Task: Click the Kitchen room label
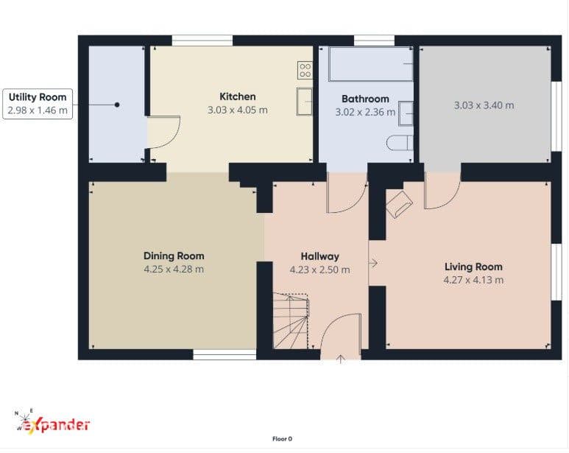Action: tap(237, 96)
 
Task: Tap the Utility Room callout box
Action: tap(38, 104)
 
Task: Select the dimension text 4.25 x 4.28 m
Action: tap(174, 270)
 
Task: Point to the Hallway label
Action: tap(319, 256)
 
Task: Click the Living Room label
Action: tap(473, 267)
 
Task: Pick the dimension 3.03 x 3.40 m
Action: tap(484, 105)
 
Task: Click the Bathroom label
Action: tap(365, 99)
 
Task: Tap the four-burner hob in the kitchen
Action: tap(305, 70)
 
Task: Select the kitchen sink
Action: tap(305, 102)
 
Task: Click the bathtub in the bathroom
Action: tap(370, 64)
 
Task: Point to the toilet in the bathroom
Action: tap(400, 143)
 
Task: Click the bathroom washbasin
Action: tap(406, 113)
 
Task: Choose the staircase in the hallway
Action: tap(291, 321)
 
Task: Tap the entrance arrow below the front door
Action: tap(340, 359)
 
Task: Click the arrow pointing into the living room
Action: tap(373, 263)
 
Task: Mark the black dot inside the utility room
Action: tap(117, 105)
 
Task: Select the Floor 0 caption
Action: tap(283, 439)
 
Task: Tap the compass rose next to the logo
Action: tap(24, 419)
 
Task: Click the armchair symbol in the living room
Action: tap(399, 204)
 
